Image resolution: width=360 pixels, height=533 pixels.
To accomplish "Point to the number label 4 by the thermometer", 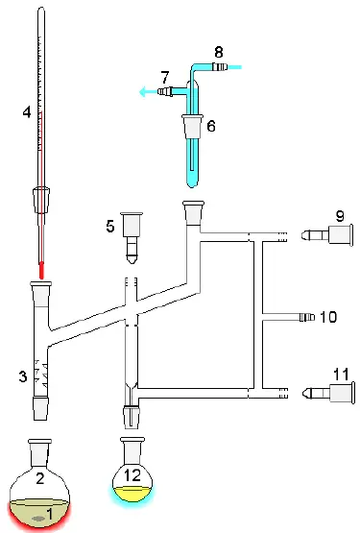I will coord(27,112).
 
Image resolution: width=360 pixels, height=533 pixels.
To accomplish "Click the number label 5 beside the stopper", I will coord(109,228).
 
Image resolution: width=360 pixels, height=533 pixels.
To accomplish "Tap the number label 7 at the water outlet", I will coord(165,75).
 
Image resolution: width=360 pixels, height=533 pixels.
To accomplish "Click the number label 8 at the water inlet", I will coord(218,50).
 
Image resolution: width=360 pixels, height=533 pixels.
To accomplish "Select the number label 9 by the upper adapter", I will coord(340,213).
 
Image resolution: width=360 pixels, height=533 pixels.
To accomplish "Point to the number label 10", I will coord(330,315).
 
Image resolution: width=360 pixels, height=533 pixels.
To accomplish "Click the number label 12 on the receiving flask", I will coord(135,475).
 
